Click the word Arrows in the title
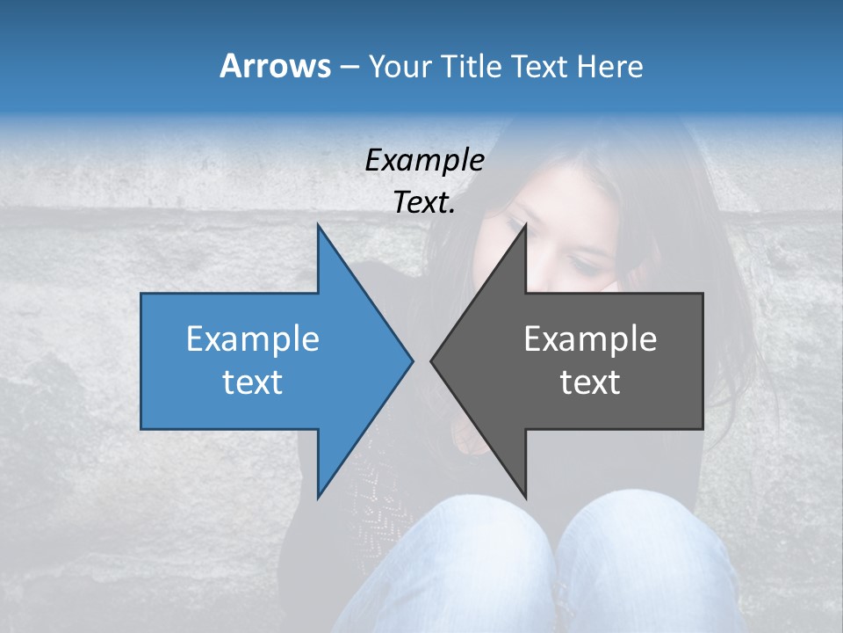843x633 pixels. coord(275,66)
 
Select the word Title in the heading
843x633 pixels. coord(475,66)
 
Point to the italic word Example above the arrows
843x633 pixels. coord(424,160)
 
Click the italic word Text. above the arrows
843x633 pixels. coord(424,202)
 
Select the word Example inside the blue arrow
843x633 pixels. coord(253,338)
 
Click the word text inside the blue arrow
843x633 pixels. coord(253,382)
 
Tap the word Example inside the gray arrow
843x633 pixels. coord(590,338)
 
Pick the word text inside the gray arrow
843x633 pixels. coord(590,382)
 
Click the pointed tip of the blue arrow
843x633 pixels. coord(412,360)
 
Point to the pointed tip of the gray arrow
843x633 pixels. coord(431,360)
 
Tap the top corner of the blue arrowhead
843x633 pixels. coord(318,225)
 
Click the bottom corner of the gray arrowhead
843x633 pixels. coord(526,497)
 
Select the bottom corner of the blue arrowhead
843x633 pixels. coord(318,497)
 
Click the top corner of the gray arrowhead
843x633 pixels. coord(526,225)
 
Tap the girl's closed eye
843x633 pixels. coord(581,263)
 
